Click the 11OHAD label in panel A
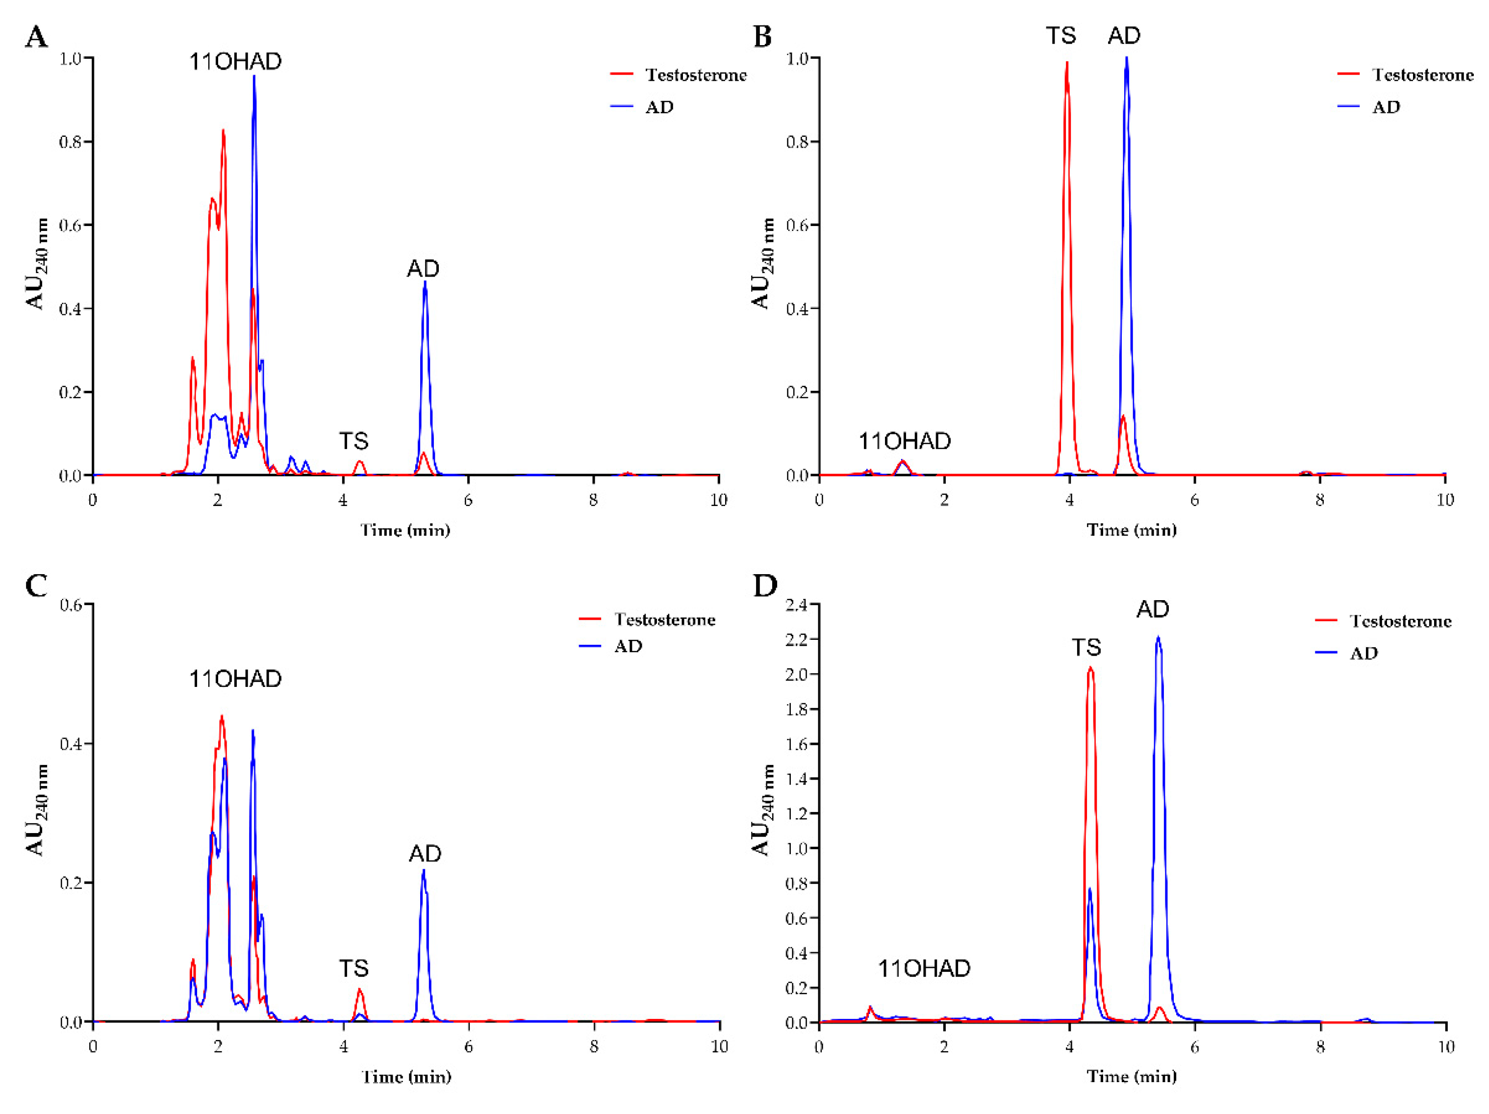pos(235,62)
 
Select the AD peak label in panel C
pos(425,854)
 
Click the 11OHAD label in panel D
pos(924,968)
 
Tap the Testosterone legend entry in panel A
pos(695,75)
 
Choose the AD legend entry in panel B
pos(1386,107)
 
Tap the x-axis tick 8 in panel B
pos(1319,500)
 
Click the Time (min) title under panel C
pos(406,1077)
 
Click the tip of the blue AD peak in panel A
pos(425,283)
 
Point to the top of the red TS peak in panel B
pos(1067,63)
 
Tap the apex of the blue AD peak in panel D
pos(1158,637)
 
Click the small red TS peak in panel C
pos(359,990)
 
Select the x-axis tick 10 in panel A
pos(719,500)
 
